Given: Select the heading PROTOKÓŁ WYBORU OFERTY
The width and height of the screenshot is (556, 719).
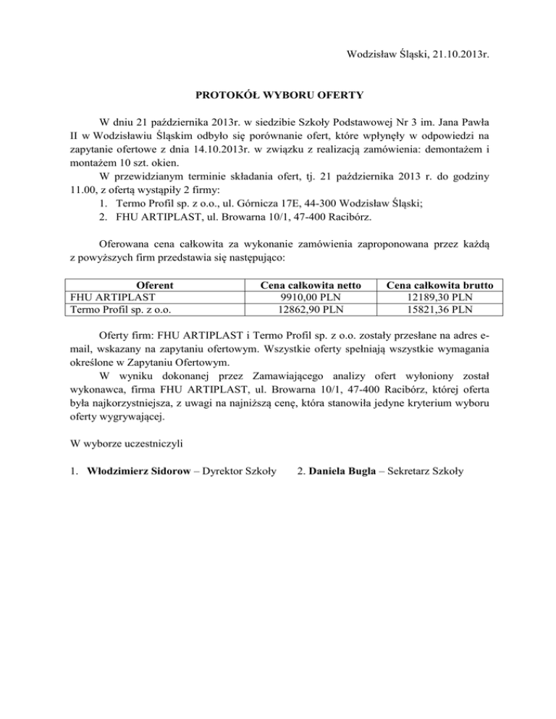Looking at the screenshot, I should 277,94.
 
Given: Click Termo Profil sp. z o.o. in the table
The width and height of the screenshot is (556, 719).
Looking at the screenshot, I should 119,310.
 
